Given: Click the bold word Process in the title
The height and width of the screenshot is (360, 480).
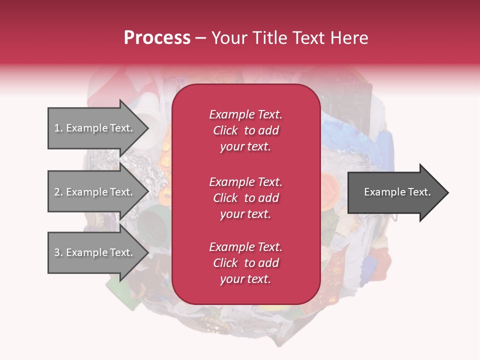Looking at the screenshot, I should [x=157, y=38].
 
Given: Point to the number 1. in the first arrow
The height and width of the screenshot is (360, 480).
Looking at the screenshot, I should [x=58, y=128].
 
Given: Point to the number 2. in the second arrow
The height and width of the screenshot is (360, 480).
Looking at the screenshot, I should [x=58, y=192].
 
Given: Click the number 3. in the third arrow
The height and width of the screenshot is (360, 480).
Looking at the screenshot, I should [x=58, y=252].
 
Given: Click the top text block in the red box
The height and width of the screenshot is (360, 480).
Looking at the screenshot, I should [x=245, y=130].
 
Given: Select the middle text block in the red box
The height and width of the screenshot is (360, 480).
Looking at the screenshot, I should [x=245, y=198].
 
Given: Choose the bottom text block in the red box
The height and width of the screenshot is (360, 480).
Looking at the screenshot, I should [x=245, y=263].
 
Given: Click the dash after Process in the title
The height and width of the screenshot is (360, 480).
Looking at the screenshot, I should [x=200, y=38].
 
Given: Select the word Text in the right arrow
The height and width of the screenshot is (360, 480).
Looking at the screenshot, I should [x=419, y=192].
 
